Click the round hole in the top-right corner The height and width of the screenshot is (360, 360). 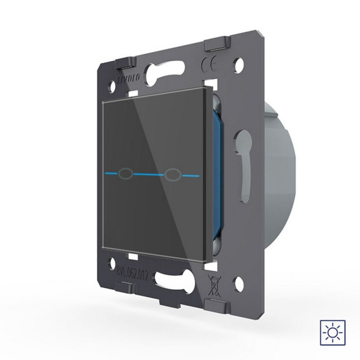(240, 62)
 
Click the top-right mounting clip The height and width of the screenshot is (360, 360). (217, 46)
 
